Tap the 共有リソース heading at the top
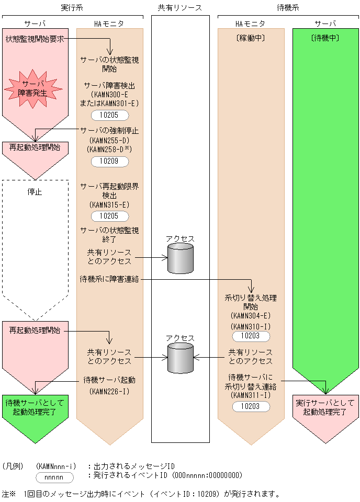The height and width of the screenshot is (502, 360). pos(179,7)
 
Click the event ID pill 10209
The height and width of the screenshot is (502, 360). pos(109,162)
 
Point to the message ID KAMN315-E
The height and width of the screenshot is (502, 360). pos(109,204)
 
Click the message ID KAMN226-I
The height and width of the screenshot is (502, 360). pos(109,391)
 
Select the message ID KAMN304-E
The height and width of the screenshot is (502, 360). pos(250,316)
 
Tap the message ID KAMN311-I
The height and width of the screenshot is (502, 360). pos(250,395)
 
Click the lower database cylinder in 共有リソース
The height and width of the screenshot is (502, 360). pos(180,358)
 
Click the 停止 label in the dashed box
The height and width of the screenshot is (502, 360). pos(35,192)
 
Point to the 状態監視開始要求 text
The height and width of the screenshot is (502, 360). pos(35,39)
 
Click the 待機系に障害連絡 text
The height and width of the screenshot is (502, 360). pos(109,279)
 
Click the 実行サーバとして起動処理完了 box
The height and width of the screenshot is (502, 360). pos(325,408)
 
